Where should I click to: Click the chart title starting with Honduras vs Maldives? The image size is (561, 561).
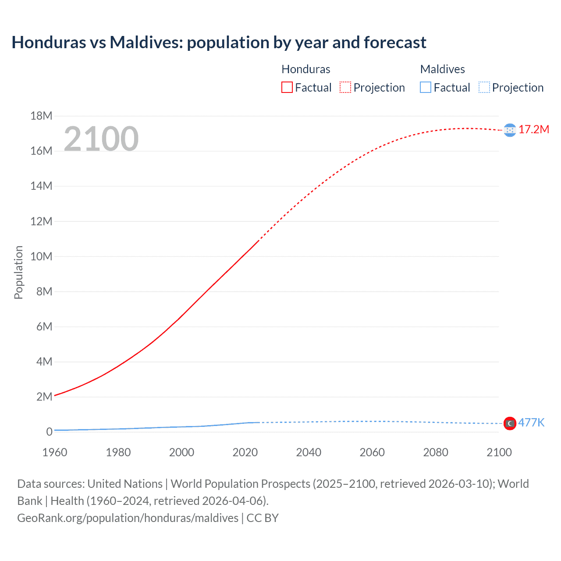[219, 43]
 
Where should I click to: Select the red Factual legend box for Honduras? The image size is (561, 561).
[287, 88]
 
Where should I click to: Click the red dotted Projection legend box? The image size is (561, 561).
[345, 88]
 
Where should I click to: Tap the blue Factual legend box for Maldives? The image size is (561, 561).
[425, 88]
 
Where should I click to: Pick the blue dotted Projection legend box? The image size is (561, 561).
[484, 88]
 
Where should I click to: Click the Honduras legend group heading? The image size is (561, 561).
[305, 69]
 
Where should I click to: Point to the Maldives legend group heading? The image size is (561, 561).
[442, 69]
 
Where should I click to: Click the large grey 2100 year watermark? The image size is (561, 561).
[101, 139]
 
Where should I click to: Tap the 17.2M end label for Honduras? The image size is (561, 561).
[533, 129]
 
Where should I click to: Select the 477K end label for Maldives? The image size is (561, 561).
[531, 423]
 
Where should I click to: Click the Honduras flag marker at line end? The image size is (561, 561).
[510, 130]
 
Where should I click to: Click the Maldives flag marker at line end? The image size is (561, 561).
[510, 423]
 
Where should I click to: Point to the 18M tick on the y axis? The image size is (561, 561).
[41, 116]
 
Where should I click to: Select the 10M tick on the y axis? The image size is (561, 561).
[41, 256]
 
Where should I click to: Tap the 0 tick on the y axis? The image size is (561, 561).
[49, 432]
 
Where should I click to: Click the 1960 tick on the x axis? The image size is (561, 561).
[55, 452]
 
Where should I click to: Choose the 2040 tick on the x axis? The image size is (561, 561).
[309, 452]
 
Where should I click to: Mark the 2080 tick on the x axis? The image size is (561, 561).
[435, 452]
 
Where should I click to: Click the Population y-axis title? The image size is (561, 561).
[18, 272]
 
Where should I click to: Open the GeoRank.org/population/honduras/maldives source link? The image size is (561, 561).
[128, 518]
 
